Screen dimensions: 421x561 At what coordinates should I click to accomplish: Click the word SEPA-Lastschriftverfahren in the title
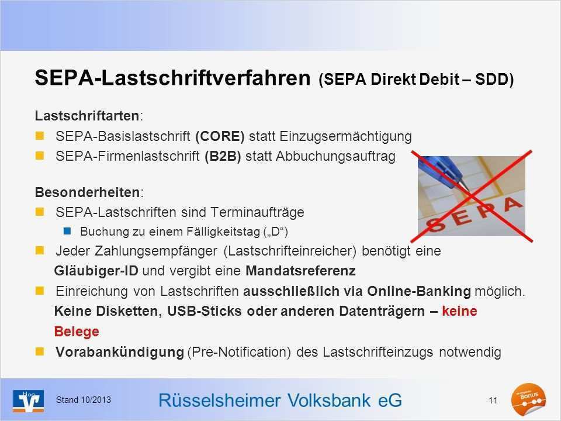173,78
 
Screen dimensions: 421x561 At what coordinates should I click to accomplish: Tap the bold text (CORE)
220,137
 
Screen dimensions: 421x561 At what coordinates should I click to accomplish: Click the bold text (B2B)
223,157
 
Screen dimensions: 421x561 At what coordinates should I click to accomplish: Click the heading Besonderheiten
88,191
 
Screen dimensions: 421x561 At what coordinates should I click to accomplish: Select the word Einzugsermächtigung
346,137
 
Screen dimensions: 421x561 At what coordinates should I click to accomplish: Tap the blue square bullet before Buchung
67,231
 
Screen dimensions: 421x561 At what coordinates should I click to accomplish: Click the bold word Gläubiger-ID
96,271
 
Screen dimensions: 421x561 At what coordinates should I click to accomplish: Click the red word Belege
76,332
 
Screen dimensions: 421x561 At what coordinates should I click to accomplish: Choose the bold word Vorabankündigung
120,353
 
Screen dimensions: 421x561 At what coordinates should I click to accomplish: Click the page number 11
493,400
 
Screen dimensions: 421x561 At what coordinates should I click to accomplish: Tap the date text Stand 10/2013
83,399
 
